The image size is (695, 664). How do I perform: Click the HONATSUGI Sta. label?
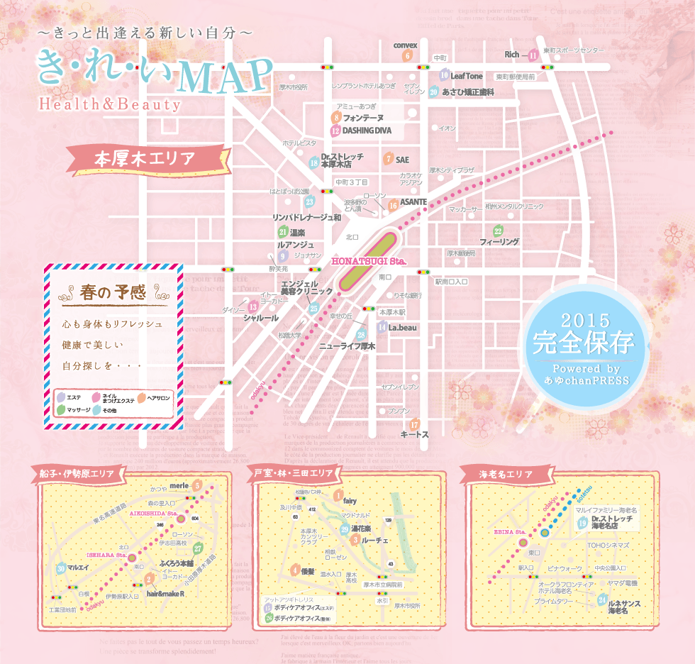coord(368,262)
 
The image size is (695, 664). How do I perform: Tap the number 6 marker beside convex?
coord(407,56)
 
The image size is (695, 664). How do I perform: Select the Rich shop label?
coord(512,54)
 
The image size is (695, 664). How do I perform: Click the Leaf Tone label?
coord(467,76)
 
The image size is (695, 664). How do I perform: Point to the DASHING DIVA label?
coord(367,131)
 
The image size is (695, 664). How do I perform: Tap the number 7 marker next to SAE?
coord(388,159)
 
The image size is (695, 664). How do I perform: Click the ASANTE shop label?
coord(413,202)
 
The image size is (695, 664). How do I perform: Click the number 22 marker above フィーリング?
coord(498,231)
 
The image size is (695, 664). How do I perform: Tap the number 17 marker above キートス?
coord(415,424)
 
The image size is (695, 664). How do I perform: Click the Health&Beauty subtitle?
coord(110,104)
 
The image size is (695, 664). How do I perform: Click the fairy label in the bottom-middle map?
coord(350,501)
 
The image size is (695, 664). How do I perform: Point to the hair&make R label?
coord(165,593)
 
